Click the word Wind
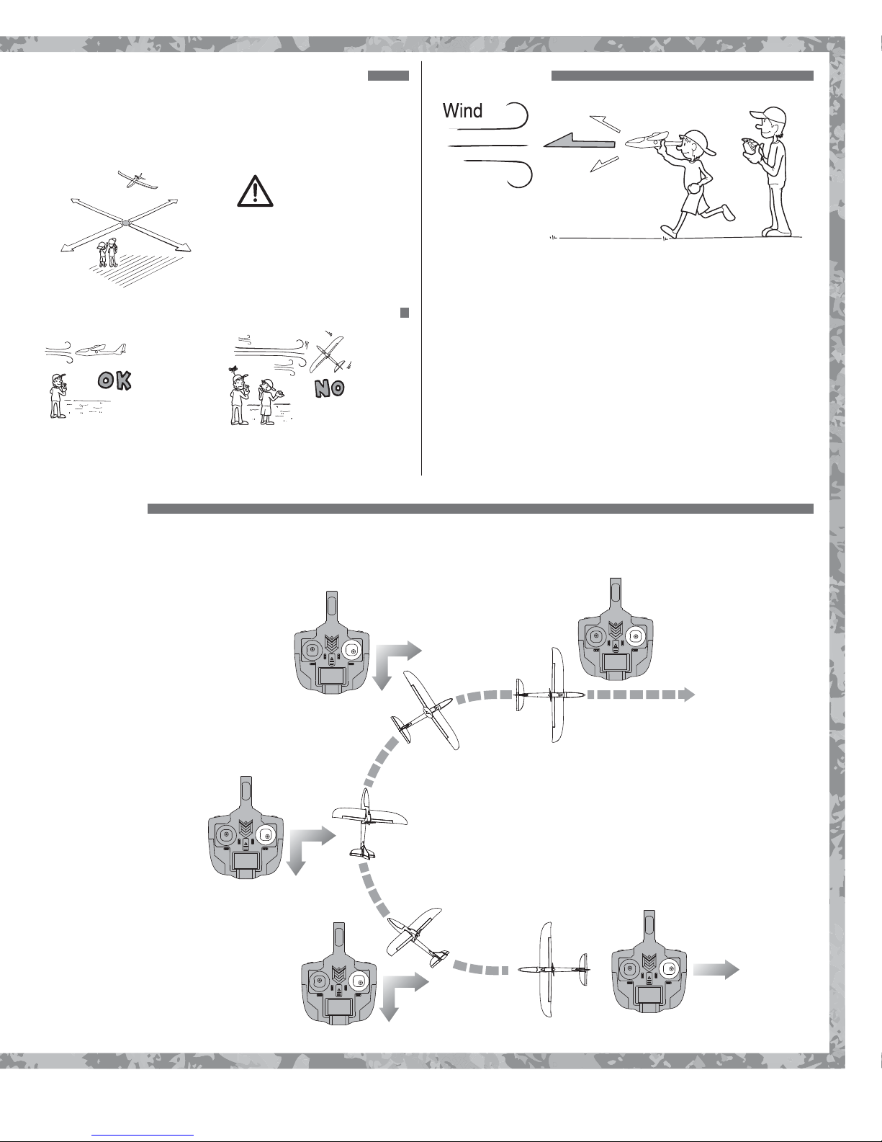(x=462, y=110)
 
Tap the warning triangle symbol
(x=255, y=191)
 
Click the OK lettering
(x=114, y=380)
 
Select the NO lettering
(x=329, y=388)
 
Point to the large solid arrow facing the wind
(x=579, y=141)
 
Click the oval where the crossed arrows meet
(x=125, y=223)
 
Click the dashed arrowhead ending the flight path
(x=687, y=695)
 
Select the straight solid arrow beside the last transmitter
(x=716, y=968)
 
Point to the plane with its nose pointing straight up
(x=369, y=823)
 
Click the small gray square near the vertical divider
(x=404, y=313)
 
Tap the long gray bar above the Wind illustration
(x=682, y=76)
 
